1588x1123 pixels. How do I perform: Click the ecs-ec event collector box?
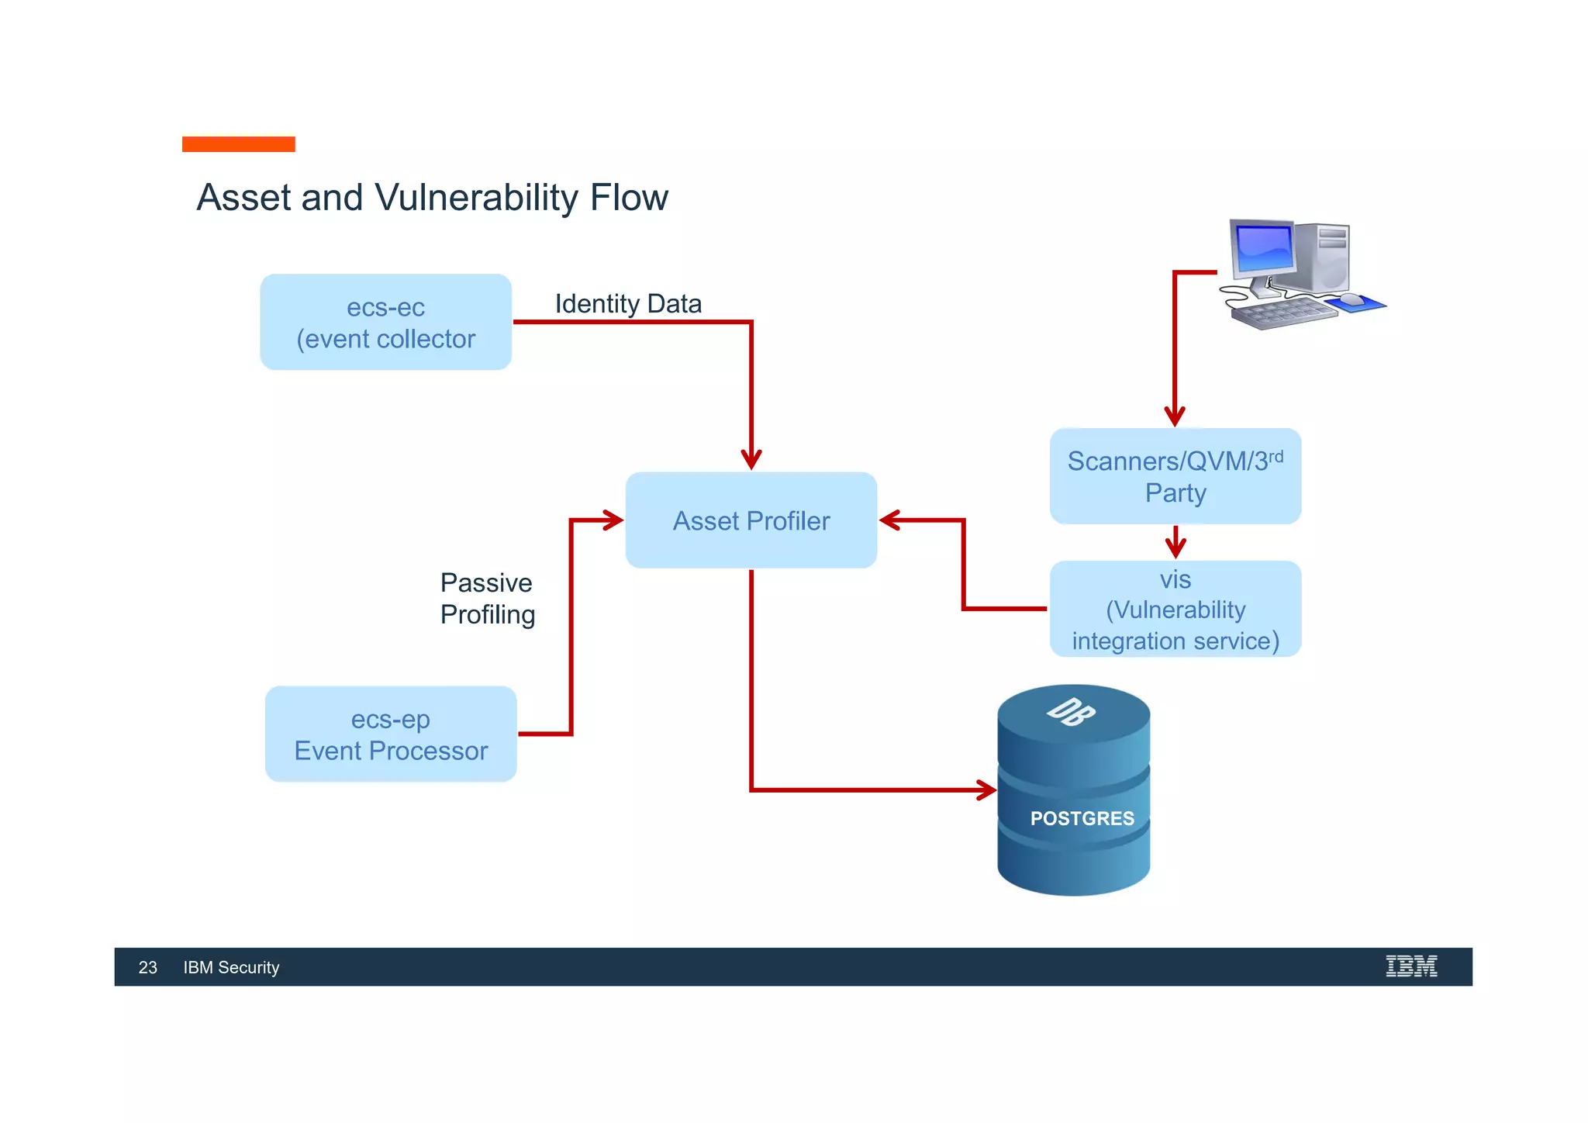[385, 322]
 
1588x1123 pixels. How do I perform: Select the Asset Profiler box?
[751, 520]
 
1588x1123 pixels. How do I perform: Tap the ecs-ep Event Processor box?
[391, 734]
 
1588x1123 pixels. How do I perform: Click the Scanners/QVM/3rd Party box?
[1175, 476]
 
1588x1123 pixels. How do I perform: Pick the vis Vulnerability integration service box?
[1175, 610]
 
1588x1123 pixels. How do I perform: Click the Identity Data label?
[628, 303]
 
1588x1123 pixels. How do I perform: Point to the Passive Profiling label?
[487, 598]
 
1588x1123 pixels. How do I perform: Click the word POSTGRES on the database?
[1082, 818]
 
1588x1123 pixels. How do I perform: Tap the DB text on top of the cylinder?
[1071, 711]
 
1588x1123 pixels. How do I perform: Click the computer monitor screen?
[1264, 247]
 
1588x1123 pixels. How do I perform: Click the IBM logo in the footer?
[1410, 966]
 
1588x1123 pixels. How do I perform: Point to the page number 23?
[147, 967]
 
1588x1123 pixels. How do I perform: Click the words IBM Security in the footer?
[231, 967]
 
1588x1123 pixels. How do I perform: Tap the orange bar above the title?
[238, 144]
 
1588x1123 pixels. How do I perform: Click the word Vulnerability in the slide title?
[476, 197]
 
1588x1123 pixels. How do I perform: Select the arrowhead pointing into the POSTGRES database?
[987, 790]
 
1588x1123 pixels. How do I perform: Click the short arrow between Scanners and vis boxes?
[1175, 543]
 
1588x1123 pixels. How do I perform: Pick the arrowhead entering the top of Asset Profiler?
[751, 460]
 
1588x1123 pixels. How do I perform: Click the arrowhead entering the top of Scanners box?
[1175, 416]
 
